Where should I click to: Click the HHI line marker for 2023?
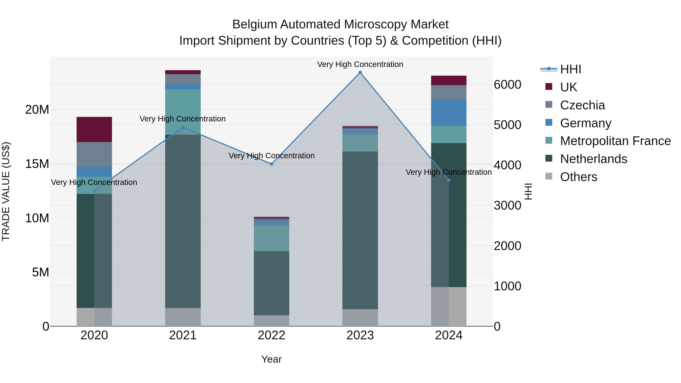pos(360,72)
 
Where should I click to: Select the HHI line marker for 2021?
pos(183,127)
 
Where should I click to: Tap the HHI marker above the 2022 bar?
pos(271,164)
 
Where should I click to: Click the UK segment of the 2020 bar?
pos(94,130)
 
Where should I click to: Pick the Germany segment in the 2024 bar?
pos(449,112)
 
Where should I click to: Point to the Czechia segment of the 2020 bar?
pos(94,154)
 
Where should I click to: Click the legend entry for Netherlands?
pos(593,159)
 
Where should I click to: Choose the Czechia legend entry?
pos(582,105)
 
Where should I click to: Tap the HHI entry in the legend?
pos(571,69)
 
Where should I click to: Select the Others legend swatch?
pos(549,176)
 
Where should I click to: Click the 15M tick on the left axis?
pos(37,164)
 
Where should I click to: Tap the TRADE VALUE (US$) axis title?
pos(6,191)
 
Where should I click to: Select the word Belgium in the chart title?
pos(255,24)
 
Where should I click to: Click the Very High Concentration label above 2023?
pos(360,64)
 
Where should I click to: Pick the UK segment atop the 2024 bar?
pos(449,80)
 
